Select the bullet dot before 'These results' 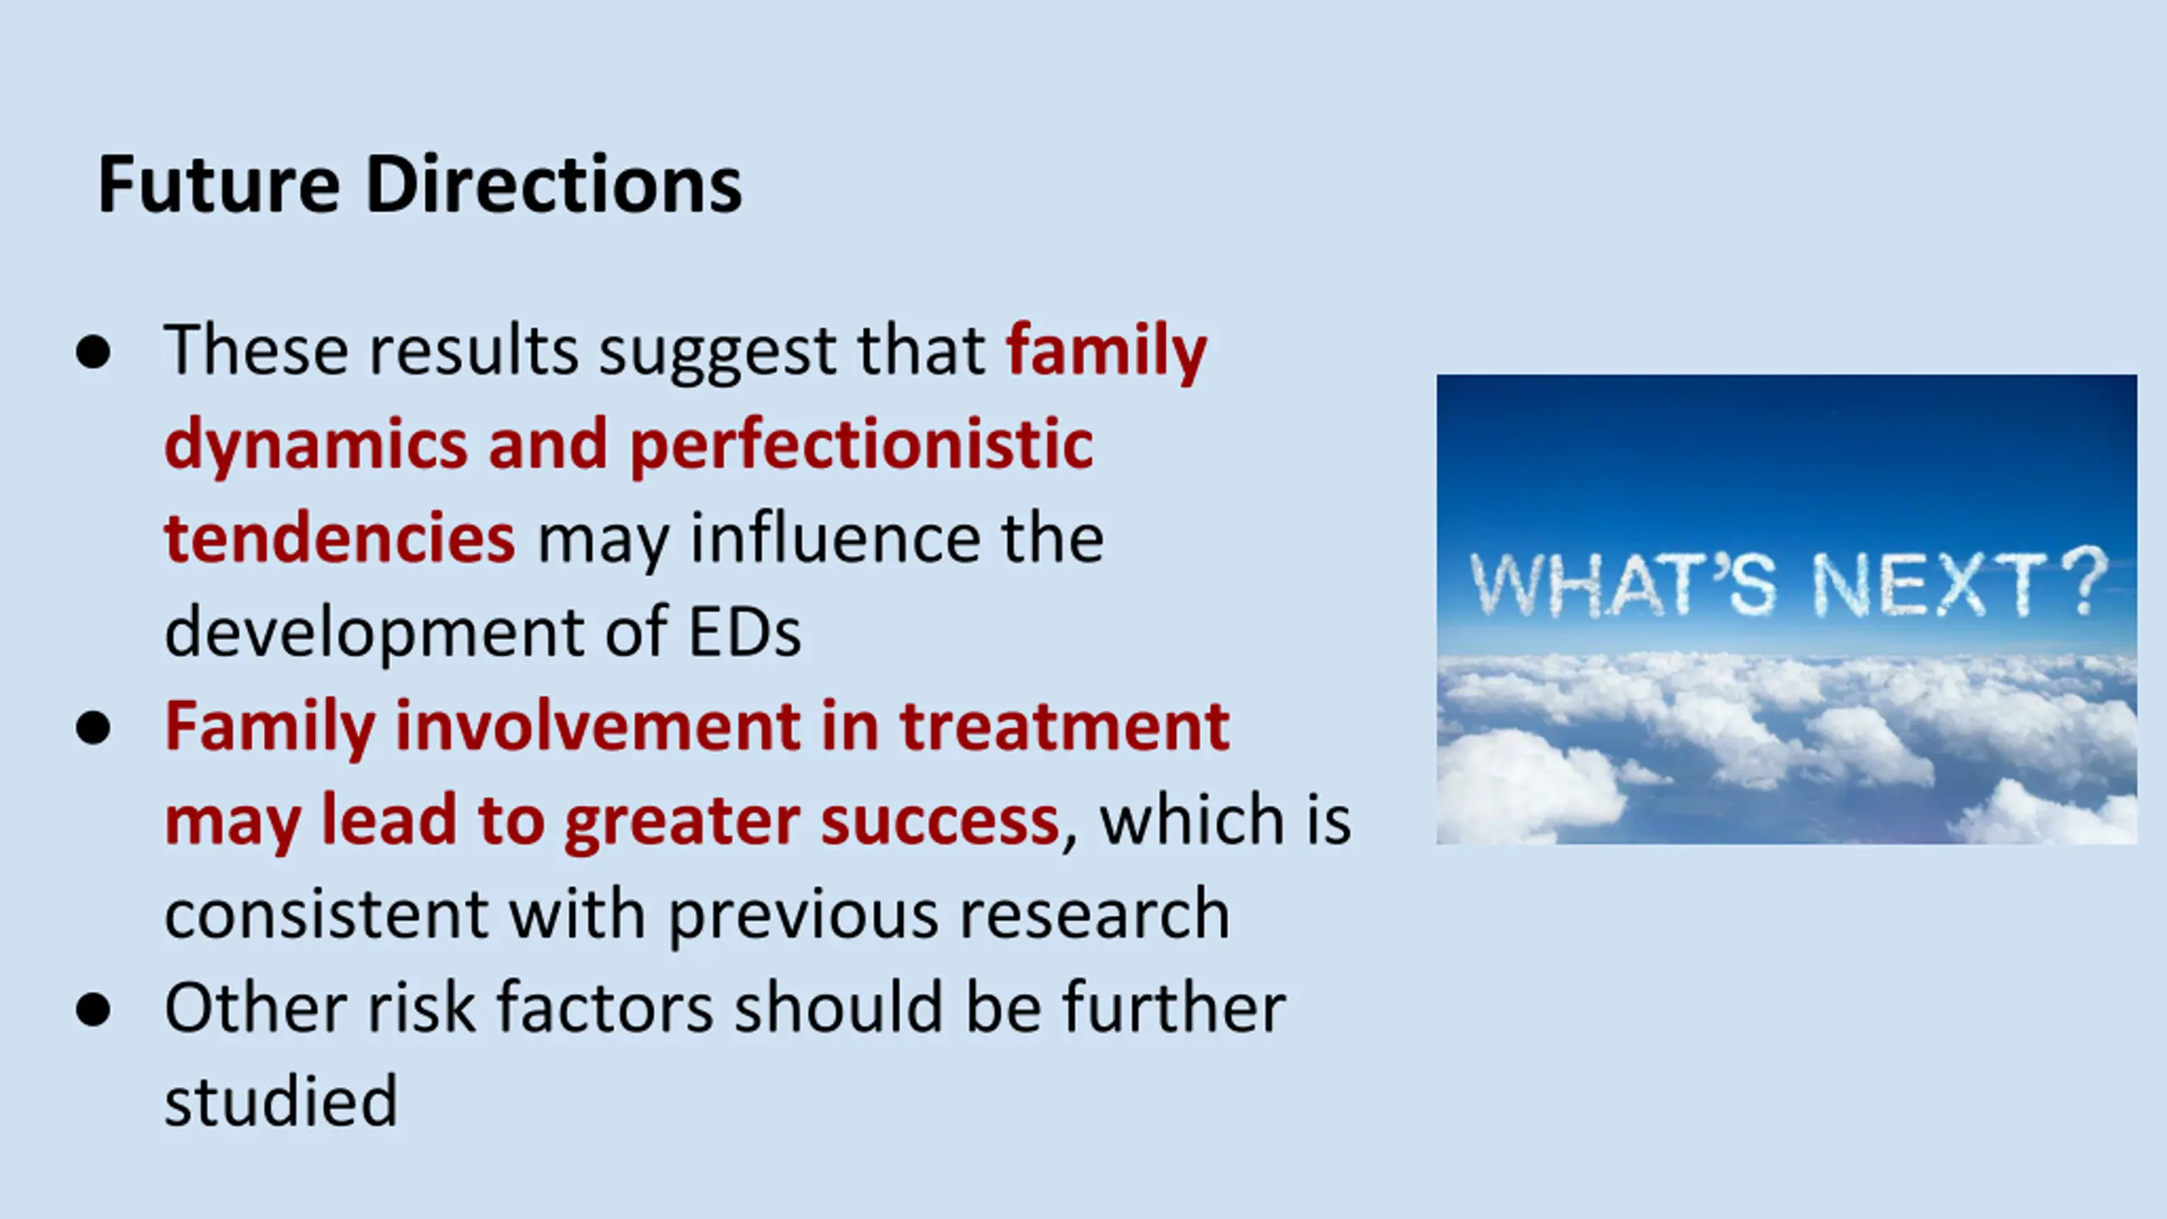click(x=92, y=352)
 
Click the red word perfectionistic click(x=862, y=445)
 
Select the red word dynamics click(x=316, y=445)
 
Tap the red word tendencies click(x=339, y=538)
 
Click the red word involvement click(x=598, y=726)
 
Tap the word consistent click(x=327, y=914)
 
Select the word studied click(x=281, y=1101)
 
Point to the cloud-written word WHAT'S click(x=1622, y=583)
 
